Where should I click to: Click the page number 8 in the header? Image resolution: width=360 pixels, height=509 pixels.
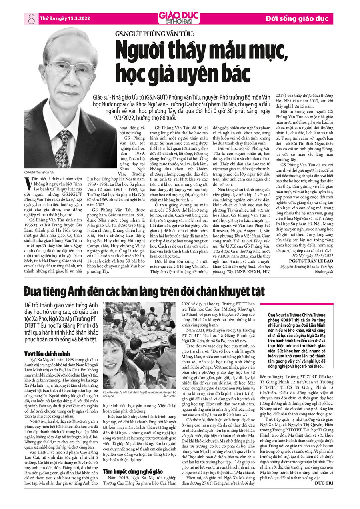(32, 18)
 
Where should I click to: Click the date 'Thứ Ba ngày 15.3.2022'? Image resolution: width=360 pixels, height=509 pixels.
(65, 18)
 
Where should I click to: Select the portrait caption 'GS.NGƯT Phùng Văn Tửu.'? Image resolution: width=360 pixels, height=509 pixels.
(39, 172)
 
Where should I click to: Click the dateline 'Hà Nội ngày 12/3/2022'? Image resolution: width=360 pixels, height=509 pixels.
(313, 255)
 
